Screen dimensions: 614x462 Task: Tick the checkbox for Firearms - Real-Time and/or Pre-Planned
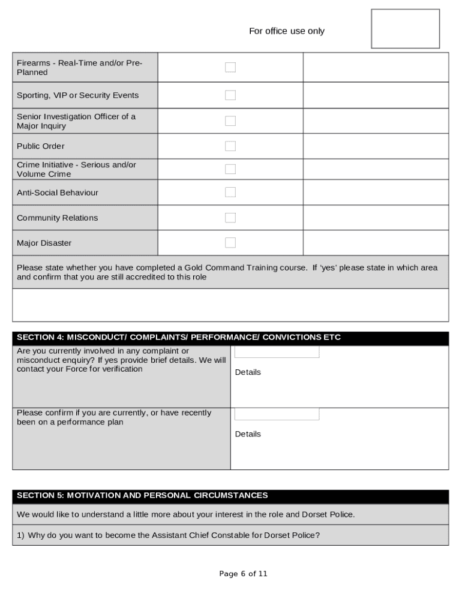click(230, 67)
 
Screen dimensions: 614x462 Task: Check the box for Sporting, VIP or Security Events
click(230, 95)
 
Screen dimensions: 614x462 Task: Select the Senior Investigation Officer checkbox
click(230, 121)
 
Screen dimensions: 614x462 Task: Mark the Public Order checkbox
click(230, 146)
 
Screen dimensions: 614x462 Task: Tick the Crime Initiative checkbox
click(230, 169)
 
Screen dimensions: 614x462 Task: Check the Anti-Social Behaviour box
click(230, 192)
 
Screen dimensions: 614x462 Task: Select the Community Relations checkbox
click(230, 218)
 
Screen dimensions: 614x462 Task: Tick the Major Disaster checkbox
click(230, 243)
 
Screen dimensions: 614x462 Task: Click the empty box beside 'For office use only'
click(405, 29)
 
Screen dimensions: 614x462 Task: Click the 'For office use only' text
click(286, 31)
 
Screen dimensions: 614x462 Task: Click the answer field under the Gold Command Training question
click(230, 305)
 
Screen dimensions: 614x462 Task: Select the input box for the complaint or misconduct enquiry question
click(277, 353)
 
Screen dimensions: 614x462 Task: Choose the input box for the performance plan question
click(277, 414)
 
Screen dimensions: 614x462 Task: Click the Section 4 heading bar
click(230, 338)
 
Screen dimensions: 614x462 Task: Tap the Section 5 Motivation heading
click(230, 496)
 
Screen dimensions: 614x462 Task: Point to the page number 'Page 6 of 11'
click(243, 574)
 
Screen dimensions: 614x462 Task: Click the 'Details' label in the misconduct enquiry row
click(248, 372)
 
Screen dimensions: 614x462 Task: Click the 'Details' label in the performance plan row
click(248, 434)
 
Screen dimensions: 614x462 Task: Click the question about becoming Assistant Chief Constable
click(168, 535)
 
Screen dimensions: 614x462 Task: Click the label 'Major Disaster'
click(44, 243)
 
